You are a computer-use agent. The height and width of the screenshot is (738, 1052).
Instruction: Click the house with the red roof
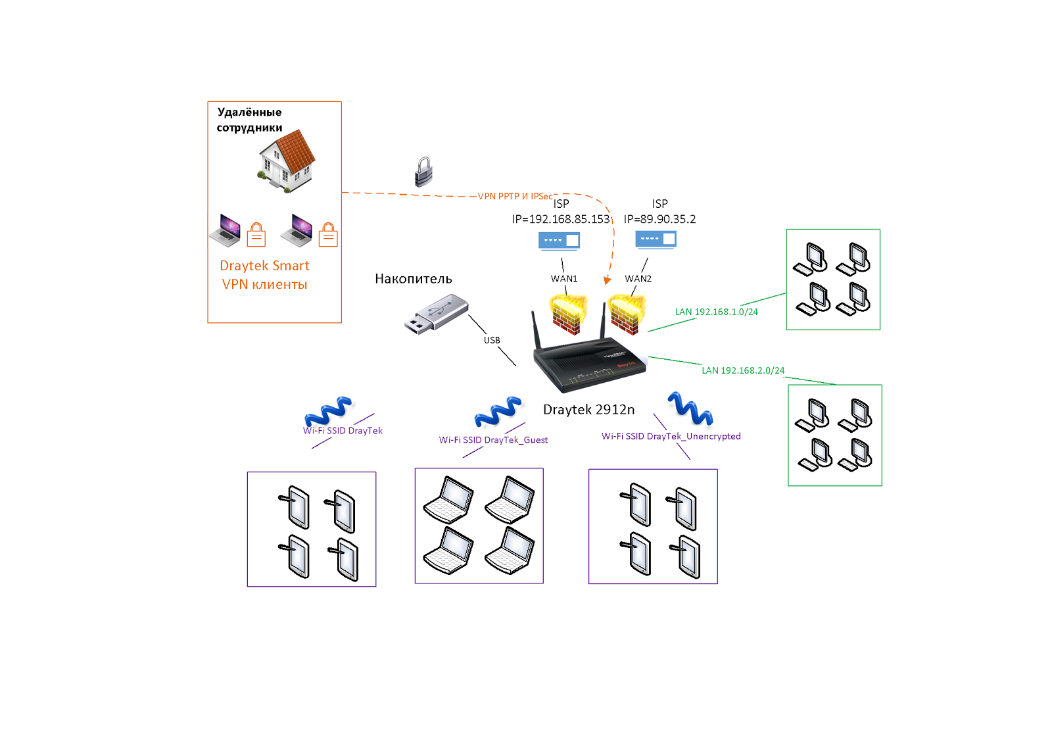pos(287,160)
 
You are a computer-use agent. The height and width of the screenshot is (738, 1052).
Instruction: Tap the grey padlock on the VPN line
pos(423,172)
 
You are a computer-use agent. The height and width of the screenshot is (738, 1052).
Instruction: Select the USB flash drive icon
pos(437,314)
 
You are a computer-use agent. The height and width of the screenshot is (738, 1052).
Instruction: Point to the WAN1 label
pos(564,279)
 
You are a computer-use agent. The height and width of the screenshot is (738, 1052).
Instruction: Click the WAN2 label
pos(638,279)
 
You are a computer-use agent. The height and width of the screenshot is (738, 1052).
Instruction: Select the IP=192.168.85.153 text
pos(561,219)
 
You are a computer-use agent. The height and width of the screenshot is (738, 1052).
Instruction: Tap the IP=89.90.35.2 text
pos(660,219)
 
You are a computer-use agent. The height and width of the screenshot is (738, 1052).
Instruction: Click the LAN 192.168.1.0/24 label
pos(717,312)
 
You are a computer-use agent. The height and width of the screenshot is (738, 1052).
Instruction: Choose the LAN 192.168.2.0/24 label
pos(743,370)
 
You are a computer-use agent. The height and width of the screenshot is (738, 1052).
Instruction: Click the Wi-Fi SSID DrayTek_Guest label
pos(493,439)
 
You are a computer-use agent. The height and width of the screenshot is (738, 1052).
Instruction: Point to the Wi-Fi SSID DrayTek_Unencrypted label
pos(671,436)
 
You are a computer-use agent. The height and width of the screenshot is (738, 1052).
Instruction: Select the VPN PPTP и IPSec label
pos(515,196)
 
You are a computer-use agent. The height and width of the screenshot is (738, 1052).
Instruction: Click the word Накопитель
pos(414,279)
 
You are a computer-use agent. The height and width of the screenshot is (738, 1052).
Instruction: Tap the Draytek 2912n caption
pos(588,409)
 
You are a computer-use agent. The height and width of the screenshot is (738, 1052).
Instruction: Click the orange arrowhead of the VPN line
pos(608,280)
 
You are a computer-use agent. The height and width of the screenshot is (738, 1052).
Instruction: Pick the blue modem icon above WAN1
pos(559,240)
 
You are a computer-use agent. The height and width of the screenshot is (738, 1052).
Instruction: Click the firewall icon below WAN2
pos(627,314)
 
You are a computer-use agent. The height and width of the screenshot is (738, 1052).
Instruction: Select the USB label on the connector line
pos(492,339)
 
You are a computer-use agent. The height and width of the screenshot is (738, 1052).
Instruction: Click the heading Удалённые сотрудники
pos(249,120)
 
